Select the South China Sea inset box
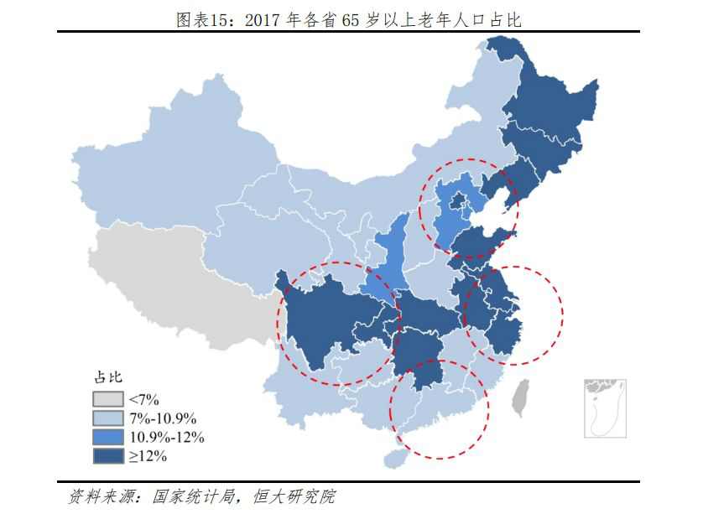click(x=606, y=407)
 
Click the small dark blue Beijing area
click(x=458, y=200)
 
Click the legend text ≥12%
click(x=148, y=456)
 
